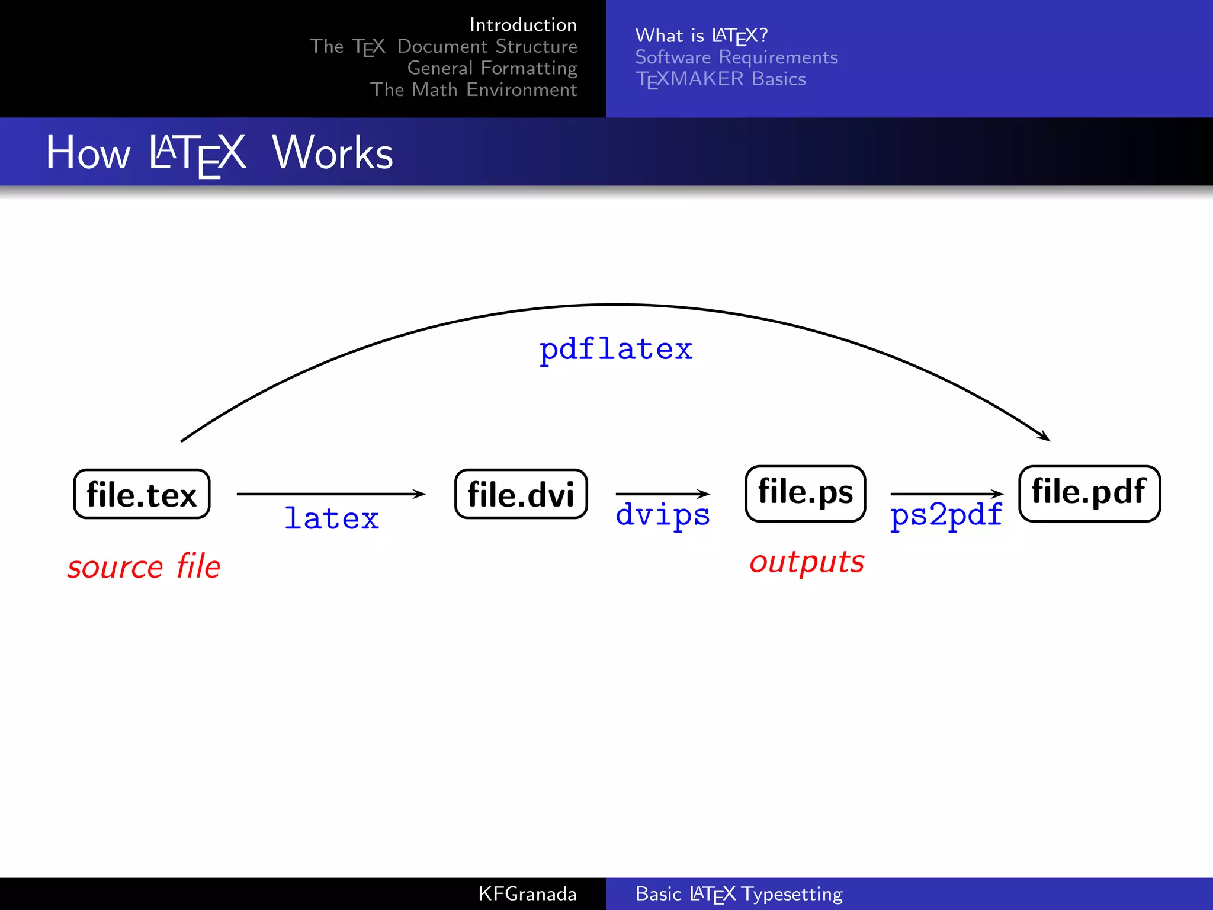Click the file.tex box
pyautogui.click(x=142, y=494)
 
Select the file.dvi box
pyautogui.click(x=521, y=494)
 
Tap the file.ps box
pyautogui.click(x=806, y=493)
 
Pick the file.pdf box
pyautogui.click(x=1089, y=493)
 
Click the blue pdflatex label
pyautogui.click(x=615, y=350)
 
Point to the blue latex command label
pyautogui.click(x=332, y=519)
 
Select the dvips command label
pyautogui.click(x=663, y=514)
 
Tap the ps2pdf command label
pyautogui.click(x=946, y=514)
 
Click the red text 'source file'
pyautogui.click(x=144, y=566)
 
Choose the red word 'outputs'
pyautogui.click(x=807, y=562)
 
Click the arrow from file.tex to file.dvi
pyautogui.click(x=330, y=494)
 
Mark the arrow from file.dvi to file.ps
pyautogui.click(x=662, y=494)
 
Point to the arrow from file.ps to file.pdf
pyautogui.click(x=946, y=494)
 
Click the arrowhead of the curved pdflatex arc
pyautogui.click(x=1045, y=437)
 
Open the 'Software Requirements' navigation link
pyautogui.click(x=736, y=57)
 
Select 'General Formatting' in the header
pyautogui.click(x=492, y=68)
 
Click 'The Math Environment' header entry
pyautogui.click(x=473, y=89)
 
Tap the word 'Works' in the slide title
pyautogui.click(x=332, y=153)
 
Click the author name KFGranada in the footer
pyautogui.click(x=527, y=893)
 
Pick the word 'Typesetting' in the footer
pyautogui.click(x=792, y=893)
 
